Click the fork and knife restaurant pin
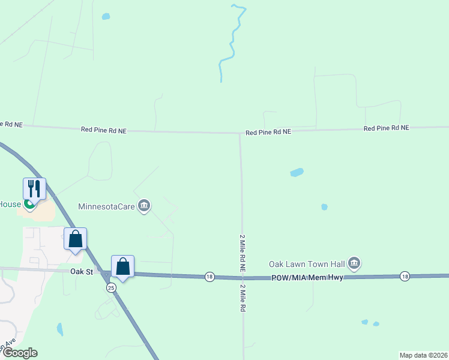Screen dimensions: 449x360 [35, 189]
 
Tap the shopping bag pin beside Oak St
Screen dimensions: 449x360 [122, 266]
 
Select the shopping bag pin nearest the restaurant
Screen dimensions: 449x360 [76, 239]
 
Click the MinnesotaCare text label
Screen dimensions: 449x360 [107, 206]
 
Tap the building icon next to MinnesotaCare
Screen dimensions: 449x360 [143, 206]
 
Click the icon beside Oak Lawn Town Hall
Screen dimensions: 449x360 [354, 263]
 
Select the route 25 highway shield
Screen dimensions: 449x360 [112, 288]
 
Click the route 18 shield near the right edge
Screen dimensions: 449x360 [405, 276]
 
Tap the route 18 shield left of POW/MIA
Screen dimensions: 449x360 [209, 277]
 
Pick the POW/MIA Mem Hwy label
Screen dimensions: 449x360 [307, 277]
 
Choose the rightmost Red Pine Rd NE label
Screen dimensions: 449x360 [386, 128]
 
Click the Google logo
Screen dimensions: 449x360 [19, 353]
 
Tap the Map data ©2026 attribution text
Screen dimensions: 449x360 [423, 355]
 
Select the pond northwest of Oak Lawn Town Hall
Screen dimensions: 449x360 [297, 173]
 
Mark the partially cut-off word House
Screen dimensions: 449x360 [10, 204]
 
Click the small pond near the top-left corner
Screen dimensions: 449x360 [106, 16]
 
